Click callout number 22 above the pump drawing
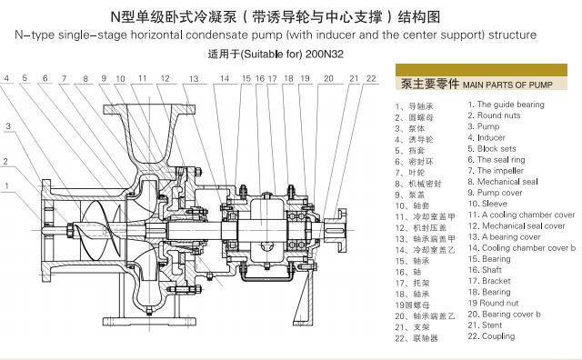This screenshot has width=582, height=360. tap(370, 79)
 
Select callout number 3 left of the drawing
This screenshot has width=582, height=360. tap(6, 125)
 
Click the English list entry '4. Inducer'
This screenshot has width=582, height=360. tap(491, 137)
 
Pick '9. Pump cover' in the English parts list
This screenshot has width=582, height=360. tap(500, 192)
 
